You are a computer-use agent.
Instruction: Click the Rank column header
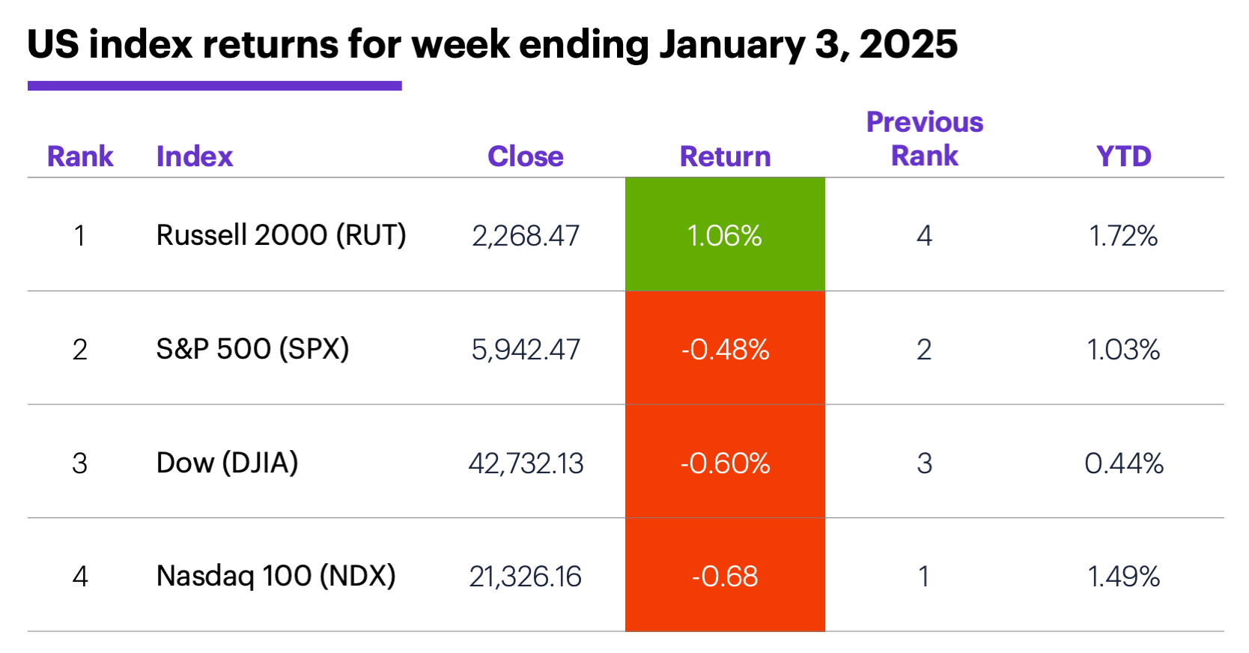(x=80, y=157)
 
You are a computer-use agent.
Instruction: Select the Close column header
(x=525, y=157)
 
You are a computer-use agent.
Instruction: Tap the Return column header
(x=725, y=157)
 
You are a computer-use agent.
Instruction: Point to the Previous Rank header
(x=924, y=139)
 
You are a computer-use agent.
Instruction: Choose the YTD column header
(x=1123, y=157)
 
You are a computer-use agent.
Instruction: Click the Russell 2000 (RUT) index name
(x=281, y=235)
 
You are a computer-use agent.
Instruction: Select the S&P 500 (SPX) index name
(x=252, y=349)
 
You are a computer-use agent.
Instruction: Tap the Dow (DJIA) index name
(x=227, y=463)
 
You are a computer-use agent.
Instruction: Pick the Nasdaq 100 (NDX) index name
(x=276, y=576)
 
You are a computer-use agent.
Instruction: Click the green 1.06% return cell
(x=725, y=235)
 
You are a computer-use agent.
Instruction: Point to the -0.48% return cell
(x=725, y=349)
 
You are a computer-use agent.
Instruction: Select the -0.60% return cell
(x=725, y=463)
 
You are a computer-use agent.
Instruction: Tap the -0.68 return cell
(x=725, y=576)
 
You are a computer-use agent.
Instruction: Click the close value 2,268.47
(x=526, y=236)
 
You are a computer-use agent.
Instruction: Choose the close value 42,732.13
(x=526, y=464)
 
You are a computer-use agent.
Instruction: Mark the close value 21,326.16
(x=526, y=577)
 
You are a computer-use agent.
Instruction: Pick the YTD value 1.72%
(x=1123, y=236)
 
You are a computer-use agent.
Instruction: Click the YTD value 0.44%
(x=1123, y=464)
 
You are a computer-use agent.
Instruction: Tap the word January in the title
(x=732, y=45)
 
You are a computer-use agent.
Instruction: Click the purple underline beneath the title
(x=214, y=86)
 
